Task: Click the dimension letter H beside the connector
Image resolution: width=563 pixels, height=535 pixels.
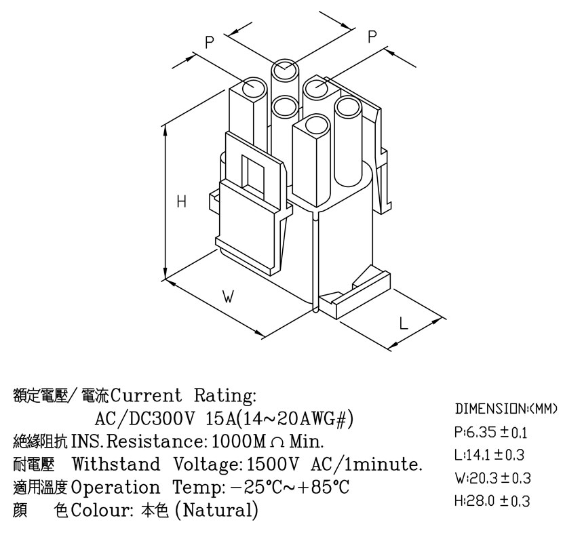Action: click(x=182, y=201)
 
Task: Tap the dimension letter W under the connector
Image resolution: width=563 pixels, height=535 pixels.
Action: click(x=228, y=297)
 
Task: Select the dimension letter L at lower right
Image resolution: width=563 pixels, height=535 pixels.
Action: click(x=404, y=323)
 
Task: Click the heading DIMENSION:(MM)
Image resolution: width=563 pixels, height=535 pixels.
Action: click(x=506, y=409)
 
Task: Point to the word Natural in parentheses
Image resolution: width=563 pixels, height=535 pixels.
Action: click(x=216, y=510)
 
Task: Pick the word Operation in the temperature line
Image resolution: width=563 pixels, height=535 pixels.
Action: click(x=115, y=488)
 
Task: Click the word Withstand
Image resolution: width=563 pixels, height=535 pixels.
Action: click(x=117, y=464)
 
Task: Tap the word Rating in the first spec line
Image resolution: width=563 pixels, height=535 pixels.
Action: click(x=225, y=396)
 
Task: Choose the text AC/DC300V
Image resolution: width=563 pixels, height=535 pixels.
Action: click(x=144, y=418)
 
